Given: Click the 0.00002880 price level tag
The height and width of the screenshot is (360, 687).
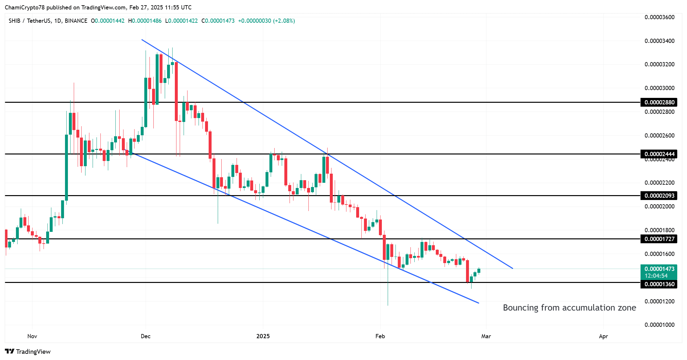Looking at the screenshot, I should (x=659, y=102).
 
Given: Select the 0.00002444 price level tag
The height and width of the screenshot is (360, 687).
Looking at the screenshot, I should (x=659, y=154).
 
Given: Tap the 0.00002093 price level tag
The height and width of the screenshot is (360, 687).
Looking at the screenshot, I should (x=659, y=195).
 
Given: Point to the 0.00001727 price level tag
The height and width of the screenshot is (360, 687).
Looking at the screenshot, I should (x=659, y=239).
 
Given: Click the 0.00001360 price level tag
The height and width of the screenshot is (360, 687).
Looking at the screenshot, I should (x=659, y=284).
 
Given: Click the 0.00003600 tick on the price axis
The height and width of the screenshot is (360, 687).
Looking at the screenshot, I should (x=659, y=17).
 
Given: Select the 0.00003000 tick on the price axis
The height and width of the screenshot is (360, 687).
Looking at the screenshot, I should (x=659, y=88).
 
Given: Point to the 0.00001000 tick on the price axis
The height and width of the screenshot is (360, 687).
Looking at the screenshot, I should (x=659, y=325).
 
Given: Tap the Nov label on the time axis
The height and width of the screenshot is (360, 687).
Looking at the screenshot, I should (x=32, y=336).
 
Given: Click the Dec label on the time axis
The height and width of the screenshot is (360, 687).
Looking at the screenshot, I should (x=146, y=336).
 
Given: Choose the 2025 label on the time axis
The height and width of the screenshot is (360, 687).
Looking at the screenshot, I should (x=263, y=336).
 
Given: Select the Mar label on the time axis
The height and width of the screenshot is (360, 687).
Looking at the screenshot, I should (x=486, y=336).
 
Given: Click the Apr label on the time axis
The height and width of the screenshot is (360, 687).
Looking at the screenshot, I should (x=603, y=336).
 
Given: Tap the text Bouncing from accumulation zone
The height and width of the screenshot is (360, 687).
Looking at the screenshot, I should (x=569, y=308).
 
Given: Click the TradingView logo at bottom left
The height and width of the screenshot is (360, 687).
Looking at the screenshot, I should (x=28, y=352).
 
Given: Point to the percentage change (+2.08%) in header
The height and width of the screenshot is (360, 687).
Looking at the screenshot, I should (x=284, y=21).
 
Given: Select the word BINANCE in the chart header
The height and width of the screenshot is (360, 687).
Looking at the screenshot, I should (x=76, y=21).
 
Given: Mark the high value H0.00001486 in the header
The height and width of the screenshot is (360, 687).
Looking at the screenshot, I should (x=145, y=21).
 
